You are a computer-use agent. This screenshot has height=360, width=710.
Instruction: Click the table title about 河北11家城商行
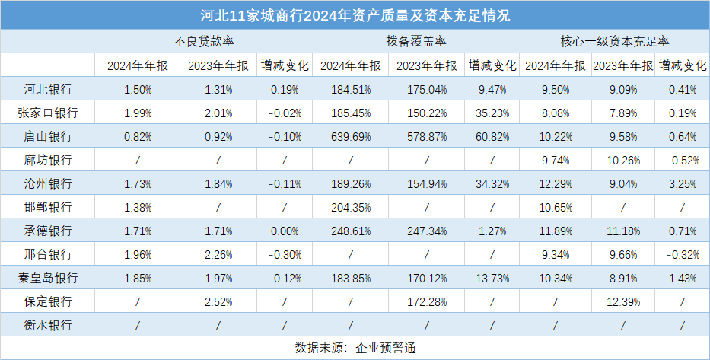point(355,14)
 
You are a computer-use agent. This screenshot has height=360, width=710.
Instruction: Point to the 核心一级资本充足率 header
point(614,41)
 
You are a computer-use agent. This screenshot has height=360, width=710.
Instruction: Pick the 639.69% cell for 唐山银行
point(350,137)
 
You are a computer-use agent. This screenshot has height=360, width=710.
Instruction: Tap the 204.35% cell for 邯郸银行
point(350,208)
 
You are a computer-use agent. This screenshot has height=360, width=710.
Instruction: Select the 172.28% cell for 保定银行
point(426,302)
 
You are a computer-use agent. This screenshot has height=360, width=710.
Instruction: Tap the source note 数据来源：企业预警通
point(355,348)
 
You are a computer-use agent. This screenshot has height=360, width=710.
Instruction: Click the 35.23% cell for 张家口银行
point(492,113)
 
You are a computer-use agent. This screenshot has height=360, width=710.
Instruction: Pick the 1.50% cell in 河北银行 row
point(138,89)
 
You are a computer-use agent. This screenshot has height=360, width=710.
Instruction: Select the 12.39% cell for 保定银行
point(622,302)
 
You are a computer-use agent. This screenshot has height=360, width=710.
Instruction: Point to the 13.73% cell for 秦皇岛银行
point(492,279)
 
